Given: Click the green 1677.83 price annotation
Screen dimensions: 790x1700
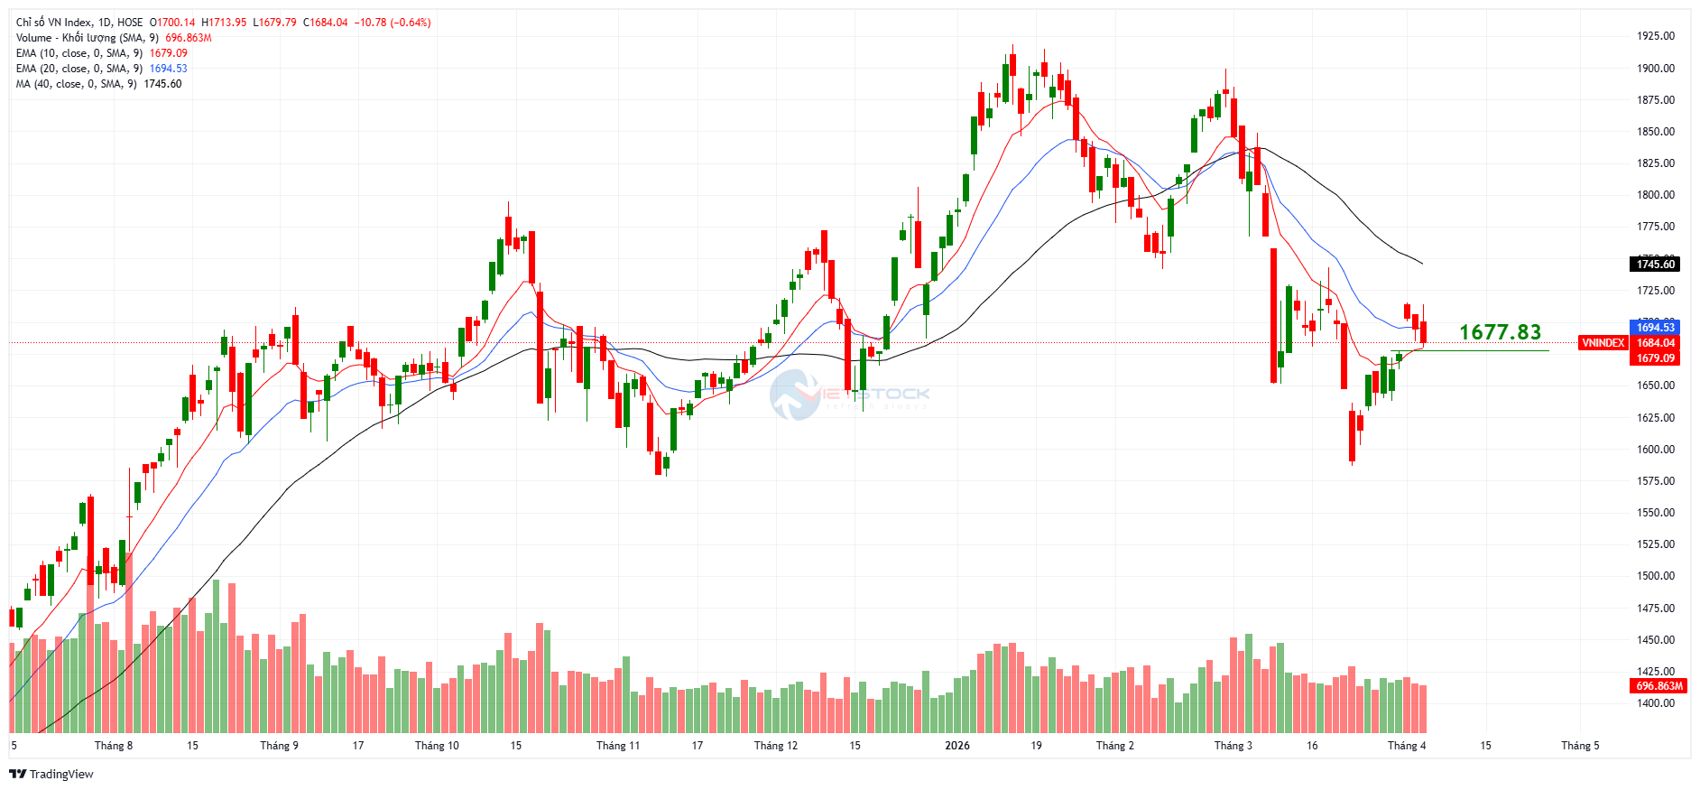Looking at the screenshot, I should (1500, 332).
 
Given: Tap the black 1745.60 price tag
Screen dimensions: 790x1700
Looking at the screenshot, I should (1656, 265).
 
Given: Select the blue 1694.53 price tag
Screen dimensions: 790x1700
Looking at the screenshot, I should (1656, 328).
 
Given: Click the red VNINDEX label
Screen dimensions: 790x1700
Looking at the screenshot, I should (1603, 343).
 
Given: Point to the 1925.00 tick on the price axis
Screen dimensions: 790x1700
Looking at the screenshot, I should (1656, 36).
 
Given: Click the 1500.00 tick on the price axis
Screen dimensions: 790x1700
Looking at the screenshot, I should (1656, 576).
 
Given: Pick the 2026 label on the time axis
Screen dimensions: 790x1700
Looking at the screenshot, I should (957, 746).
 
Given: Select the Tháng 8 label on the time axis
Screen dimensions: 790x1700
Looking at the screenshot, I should (114, 746).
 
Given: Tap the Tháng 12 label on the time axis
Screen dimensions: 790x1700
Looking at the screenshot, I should (776, 746).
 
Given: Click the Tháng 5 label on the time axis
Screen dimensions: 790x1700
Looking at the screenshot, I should (1580, 746).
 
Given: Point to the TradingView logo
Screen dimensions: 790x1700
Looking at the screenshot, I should (51, 775).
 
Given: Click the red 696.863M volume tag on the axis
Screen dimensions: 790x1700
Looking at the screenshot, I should (1659, 686).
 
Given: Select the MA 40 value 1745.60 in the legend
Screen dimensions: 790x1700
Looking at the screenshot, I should (162, 84).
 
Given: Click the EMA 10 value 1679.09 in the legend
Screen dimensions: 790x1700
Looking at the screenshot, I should (168, 53).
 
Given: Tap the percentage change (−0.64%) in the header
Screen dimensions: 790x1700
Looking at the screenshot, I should (410, 23).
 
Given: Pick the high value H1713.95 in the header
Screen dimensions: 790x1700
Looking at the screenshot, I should (224, 23).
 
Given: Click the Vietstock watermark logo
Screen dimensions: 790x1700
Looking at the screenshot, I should (848, 395).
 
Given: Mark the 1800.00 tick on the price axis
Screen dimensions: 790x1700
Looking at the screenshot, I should (1656, 195).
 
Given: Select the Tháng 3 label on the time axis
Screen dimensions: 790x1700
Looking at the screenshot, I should (1233, 746).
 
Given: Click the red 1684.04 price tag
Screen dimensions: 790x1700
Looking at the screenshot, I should (1656, 343).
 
